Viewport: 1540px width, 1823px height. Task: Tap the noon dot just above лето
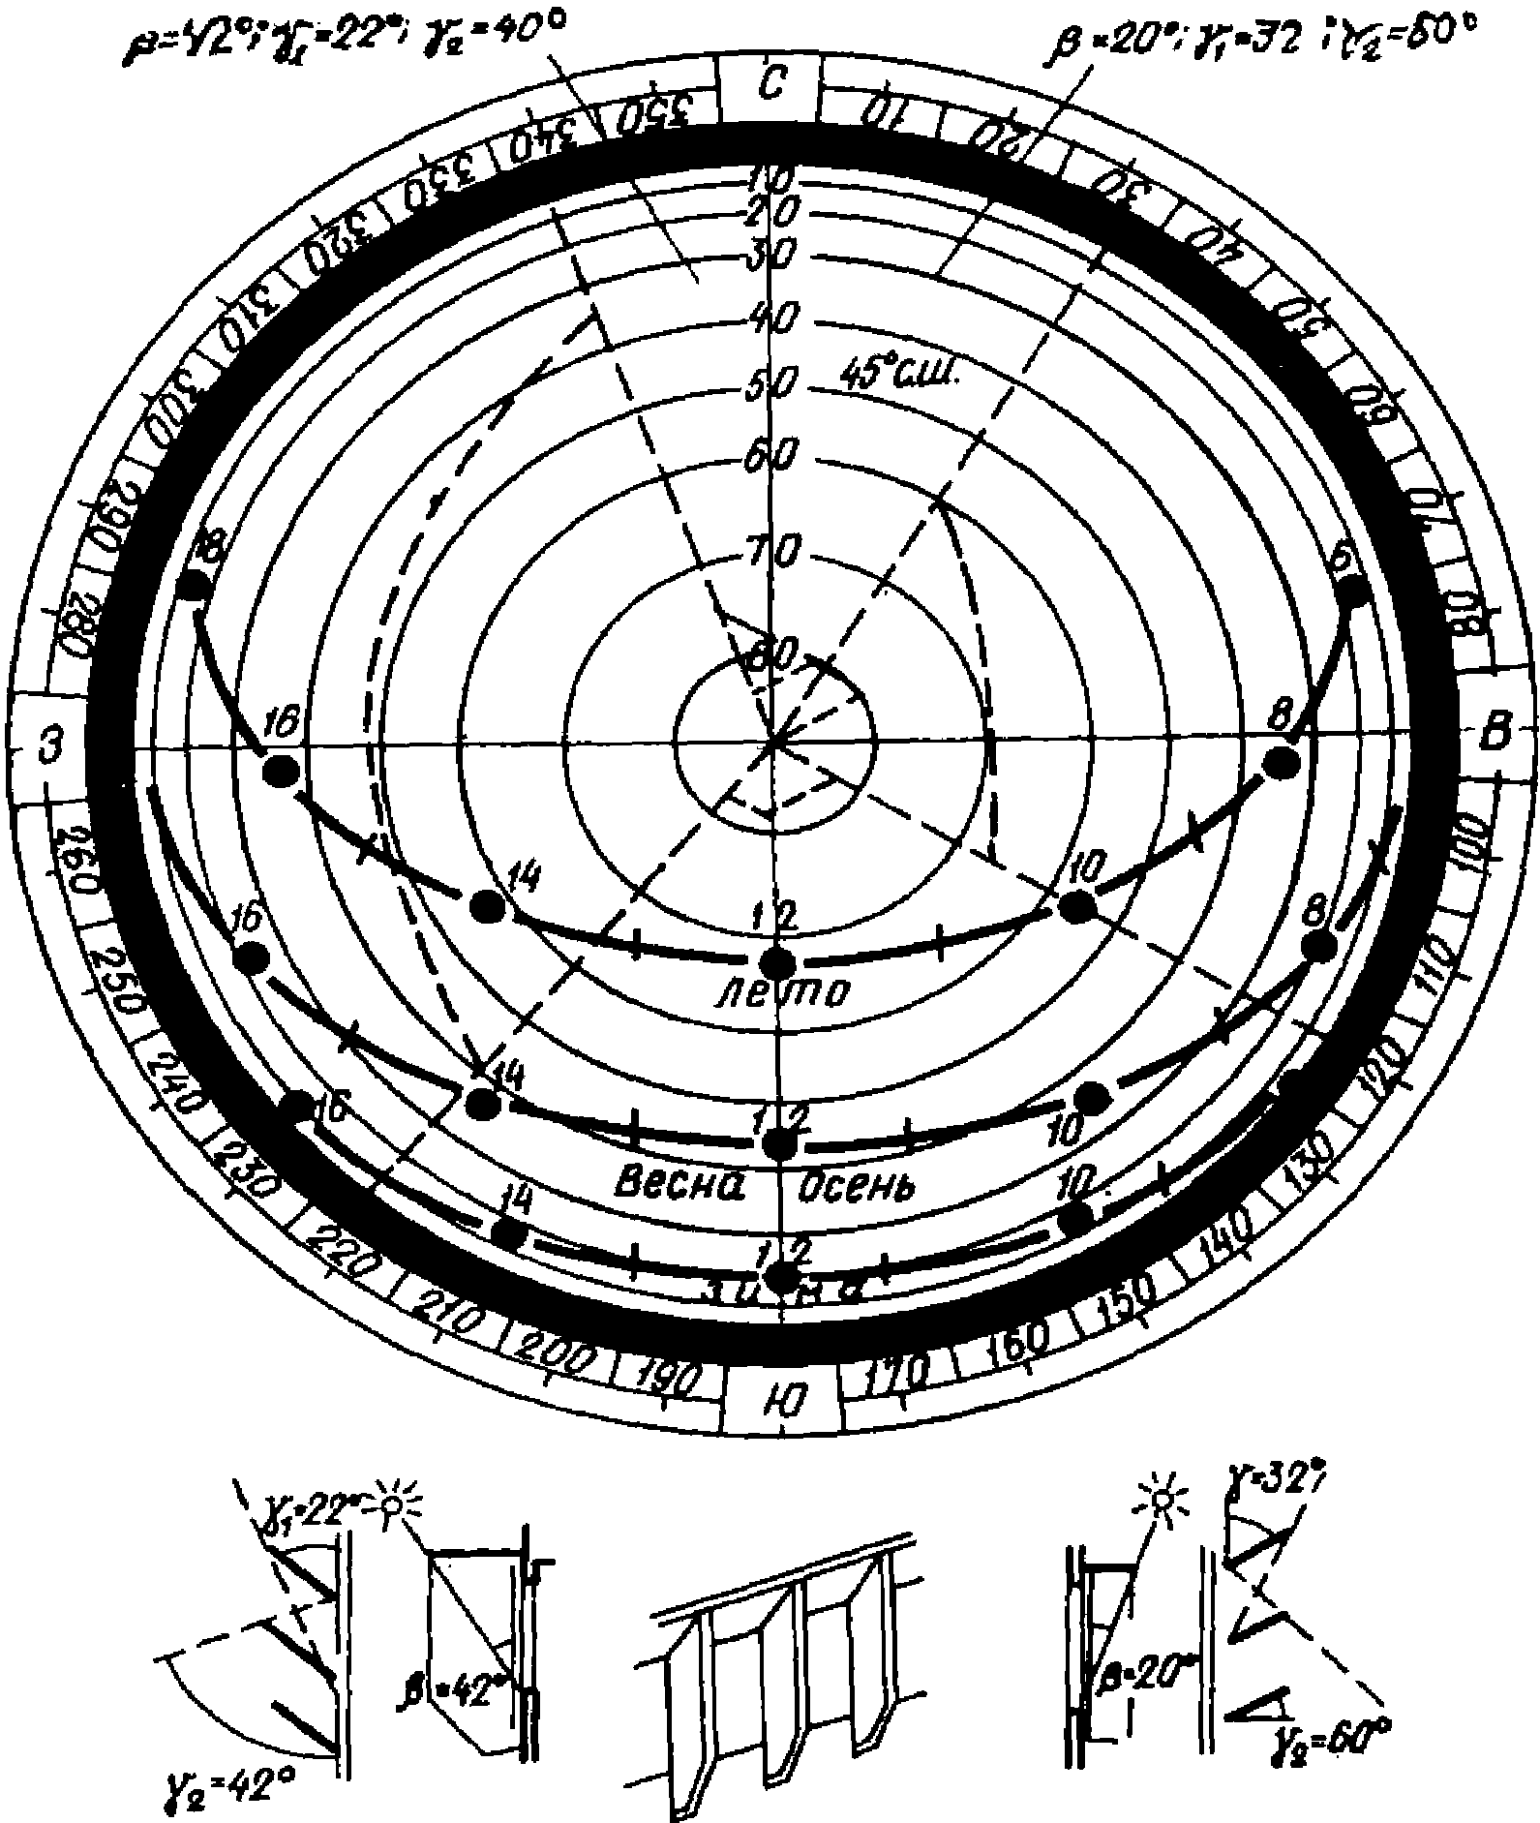click(x=776, y=962)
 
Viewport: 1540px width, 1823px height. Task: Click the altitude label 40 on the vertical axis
click(x=772, y=320)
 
